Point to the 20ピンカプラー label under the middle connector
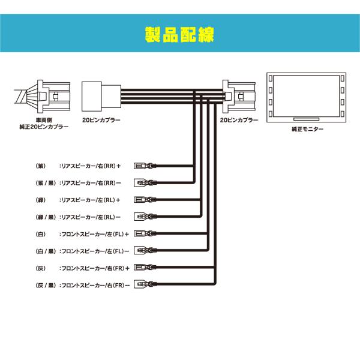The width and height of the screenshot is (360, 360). [x=101, y=120]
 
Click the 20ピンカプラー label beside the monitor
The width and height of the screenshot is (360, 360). [x=239, y=120]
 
